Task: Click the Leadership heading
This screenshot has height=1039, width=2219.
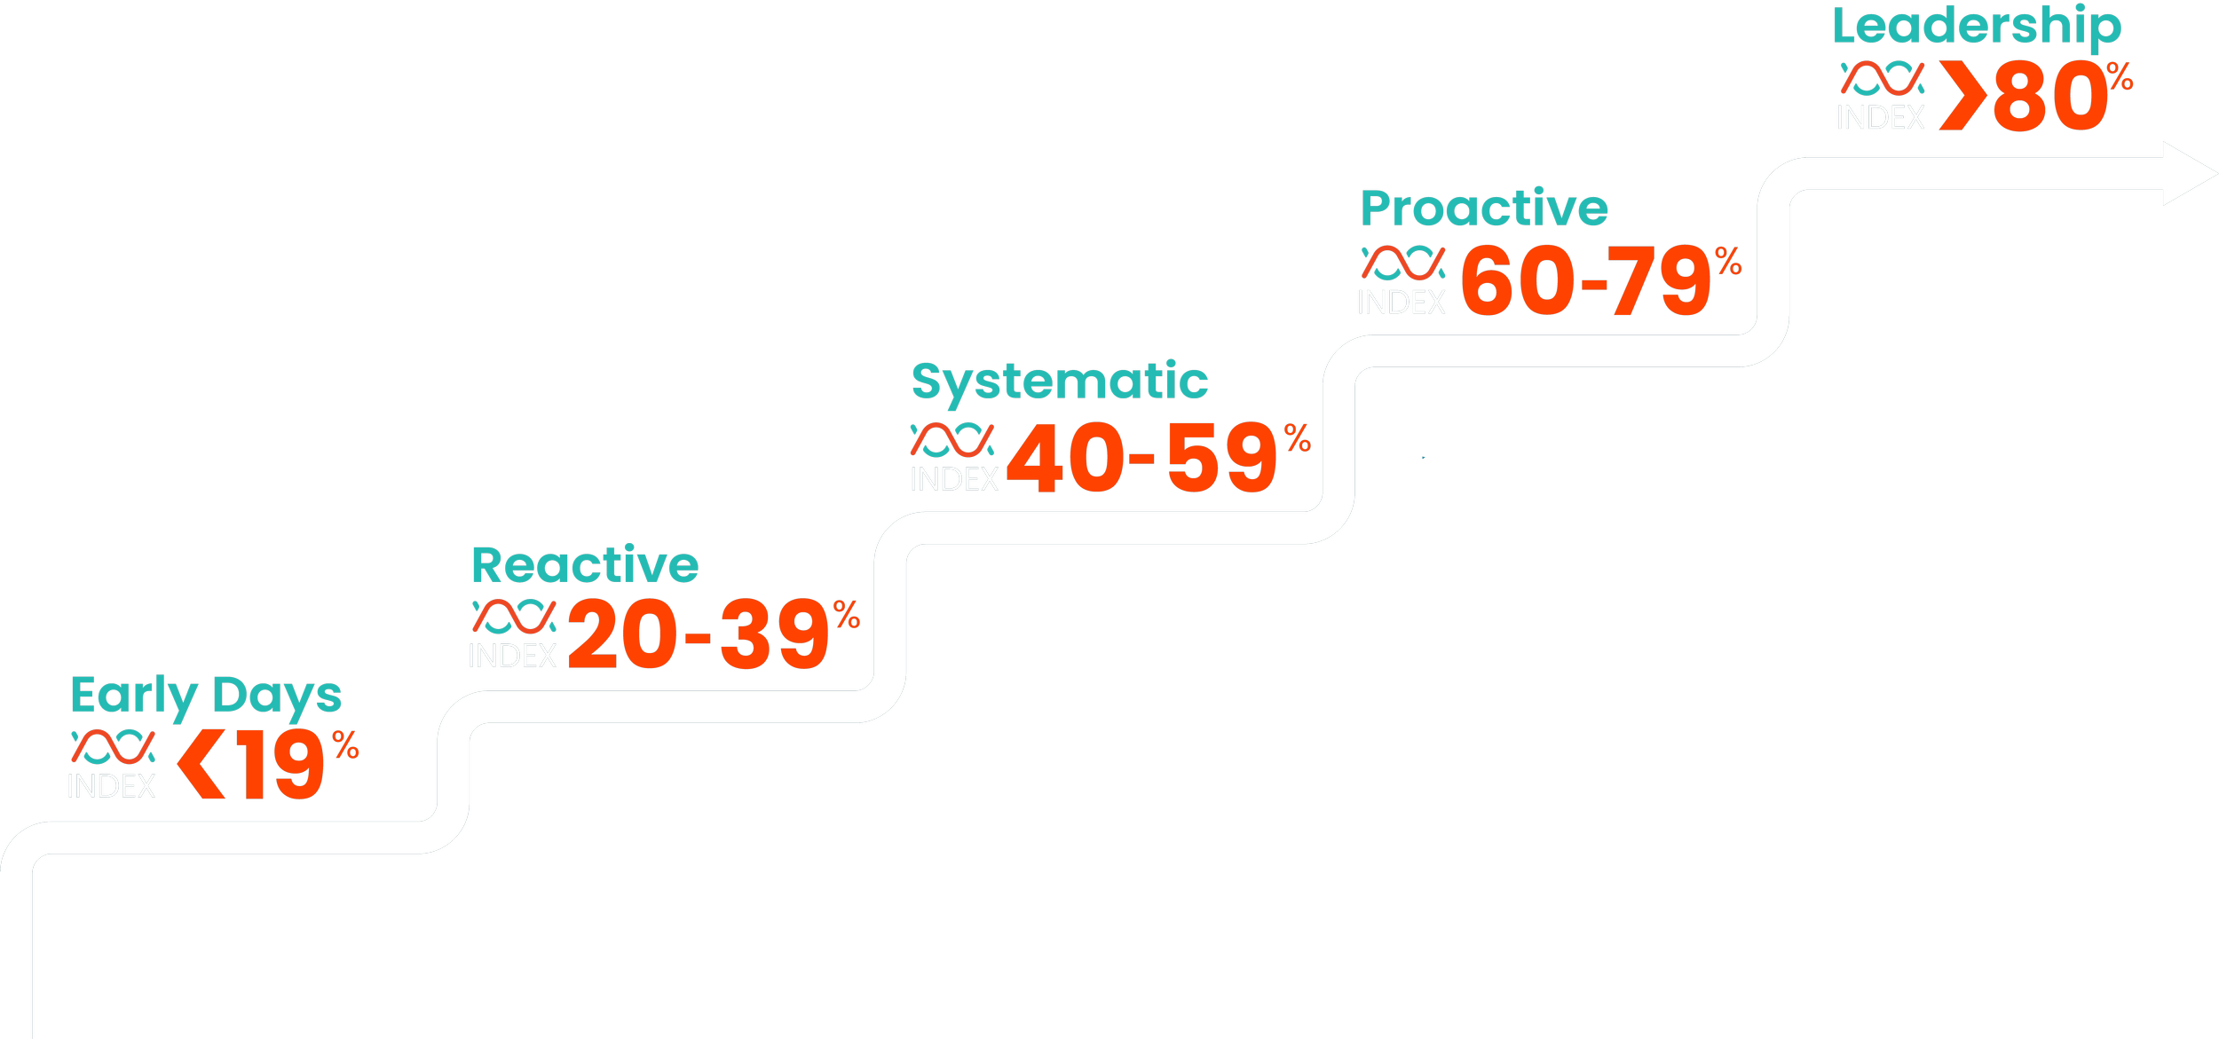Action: click(1977, 27)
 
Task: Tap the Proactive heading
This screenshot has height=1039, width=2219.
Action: click(1483, 209)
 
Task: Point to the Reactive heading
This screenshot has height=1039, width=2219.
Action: click(584, 566)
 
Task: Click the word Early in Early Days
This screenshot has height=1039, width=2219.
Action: click(133, 696)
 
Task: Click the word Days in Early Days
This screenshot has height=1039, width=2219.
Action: click(277, 696)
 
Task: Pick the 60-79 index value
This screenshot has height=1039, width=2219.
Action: click(1585, 282)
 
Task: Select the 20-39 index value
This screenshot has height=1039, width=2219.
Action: click(698, 635)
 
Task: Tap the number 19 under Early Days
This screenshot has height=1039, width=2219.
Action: click(280, 767)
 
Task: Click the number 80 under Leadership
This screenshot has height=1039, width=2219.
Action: click(2047, 98)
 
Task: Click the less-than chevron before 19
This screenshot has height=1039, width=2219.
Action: click(201, 767)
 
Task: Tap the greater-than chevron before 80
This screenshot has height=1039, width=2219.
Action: click(1960, 98)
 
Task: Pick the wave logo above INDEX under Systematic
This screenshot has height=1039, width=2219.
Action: click(952, 440)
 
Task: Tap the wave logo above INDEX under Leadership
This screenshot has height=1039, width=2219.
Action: click(1882, 78)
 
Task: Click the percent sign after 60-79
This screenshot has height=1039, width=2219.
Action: click(1728, 261)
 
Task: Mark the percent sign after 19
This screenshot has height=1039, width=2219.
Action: click(346, 745)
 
